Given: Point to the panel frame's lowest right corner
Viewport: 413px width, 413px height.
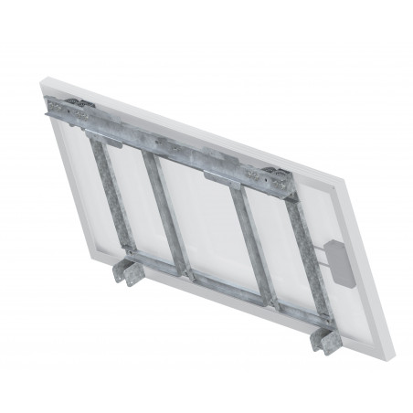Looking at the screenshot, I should tap(331, 376).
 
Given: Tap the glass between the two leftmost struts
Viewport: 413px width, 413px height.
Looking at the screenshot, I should tap(127, 196).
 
